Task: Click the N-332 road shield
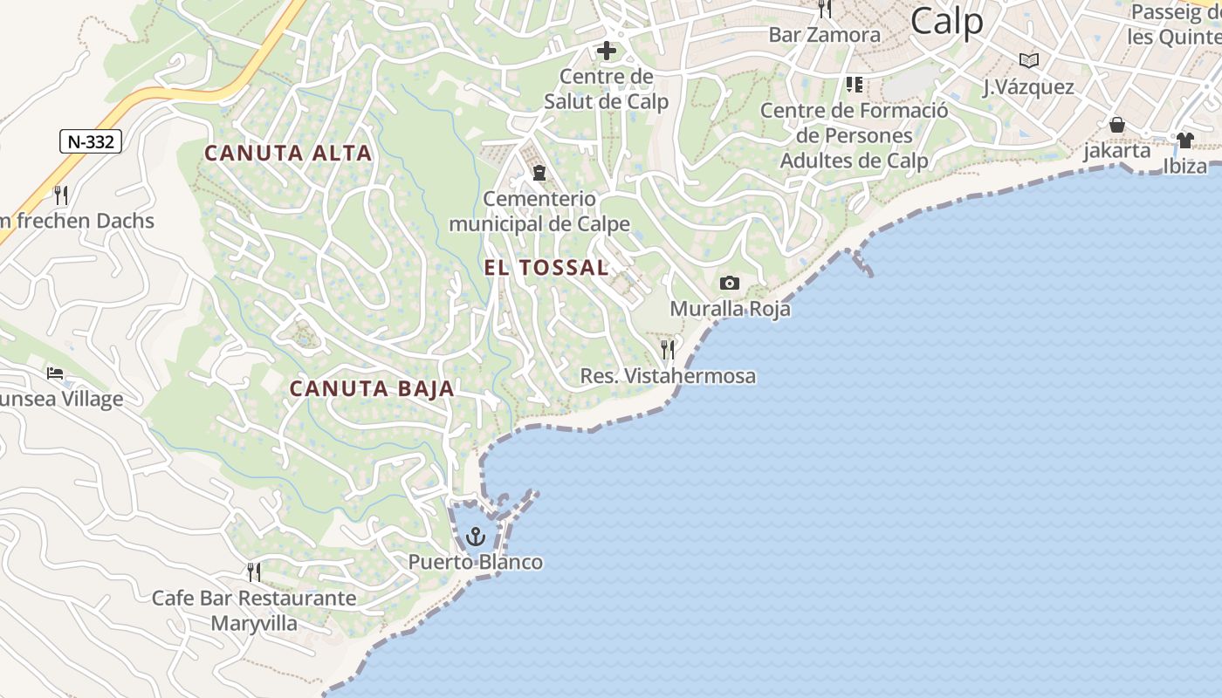(91, 141)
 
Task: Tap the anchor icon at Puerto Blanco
(476, 536)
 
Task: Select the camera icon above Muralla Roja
(729, 283)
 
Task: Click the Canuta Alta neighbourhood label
(288, 154)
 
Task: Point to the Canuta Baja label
(372, 389)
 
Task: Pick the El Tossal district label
(546, 268)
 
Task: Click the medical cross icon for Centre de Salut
(606, 51)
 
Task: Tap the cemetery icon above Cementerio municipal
(539, 173)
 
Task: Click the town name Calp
(946, 21)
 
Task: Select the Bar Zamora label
(824, 35)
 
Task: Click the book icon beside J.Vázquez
(1029, 60)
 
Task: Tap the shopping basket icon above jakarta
(1116, 125)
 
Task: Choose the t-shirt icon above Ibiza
(1184, 140)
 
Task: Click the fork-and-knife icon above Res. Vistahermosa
(668, 349)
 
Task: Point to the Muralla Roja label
(730, 309)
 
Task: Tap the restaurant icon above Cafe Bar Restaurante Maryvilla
(254, 571)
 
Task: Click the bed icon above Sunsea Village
(55, 373)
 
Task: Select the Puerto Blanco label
(476, 562)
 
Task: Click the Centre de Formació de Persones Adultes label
(854, 136)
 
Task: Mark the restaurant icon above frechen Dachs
(60, 195)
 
